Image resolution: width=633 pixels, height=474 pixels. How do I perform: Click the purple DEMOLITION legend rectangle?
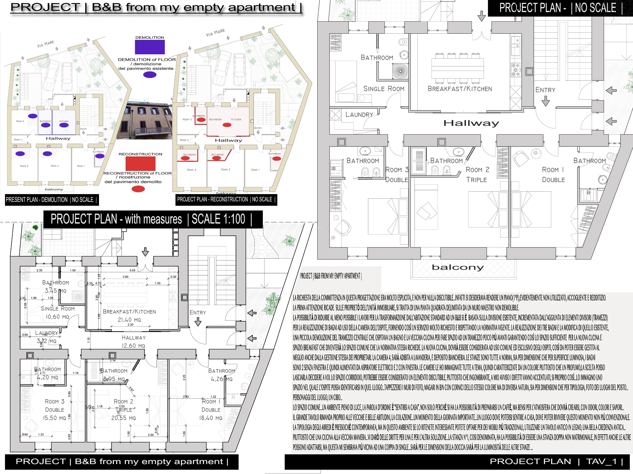pos(150,47)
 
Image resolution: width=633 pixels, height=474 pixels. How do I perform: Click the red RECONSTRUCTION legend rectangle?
pos(140,164)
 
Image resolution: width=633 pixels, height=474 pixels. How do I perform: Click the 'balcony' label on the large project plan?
pos(458,267)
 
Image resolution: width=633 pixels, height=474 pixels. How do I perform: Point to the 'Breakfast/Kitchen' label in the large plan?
pos(460,89)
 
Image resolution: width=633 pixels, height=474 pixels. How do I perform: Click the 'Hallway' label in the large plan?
pos(471,123)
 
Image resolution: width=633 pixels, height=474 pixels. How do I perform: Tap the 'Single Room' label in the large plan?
pos(384,89)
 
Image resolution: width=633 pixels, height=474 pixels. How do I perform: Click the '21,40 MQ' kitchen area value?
pos(129,320)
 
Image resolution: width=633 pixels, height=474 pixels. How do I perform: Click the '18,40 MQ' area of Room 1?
pos(211,418)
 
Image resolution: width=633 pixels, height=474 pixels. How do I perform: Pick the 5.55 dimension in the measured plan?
pos(132,270)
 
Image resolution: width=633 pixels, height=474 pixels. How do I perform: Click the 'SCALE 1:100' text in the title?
pos(218,219)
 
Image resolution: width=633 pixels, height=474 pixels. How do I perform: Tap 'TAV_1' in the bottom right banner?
pos(601,461)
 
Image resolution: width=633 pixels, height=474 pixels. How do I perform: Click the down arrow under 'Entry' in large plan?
pos(545,101)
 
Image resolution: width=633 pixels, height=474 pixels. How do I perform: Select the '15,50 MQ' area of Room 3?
pos(54,418)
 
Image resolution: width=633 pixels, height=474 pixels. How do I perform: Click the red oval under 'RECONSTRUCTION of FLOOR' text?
pos(138,189)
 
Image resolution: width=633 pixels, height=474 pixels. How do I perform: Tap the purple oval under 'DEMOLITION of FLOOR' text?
pos(150,75)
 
